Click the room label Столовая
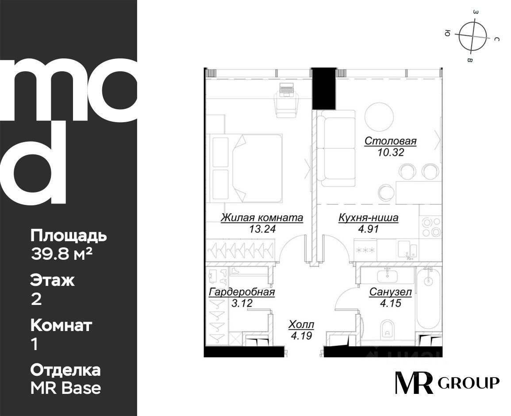point(390,141)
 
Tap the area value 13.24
point(262,229)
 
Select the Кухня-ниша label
point(368,217)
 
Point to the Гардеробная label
point(242,292)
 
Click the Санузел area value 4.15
point(390,304)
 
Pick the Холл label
point(301,325)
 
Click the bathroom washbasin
point(388,277)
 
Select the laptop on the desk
point(287,89)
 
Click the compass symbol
point(473,36)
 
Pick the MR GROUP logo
point(447,382)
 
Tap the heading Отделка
point(65,370)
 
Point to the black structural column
point(324,89)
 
